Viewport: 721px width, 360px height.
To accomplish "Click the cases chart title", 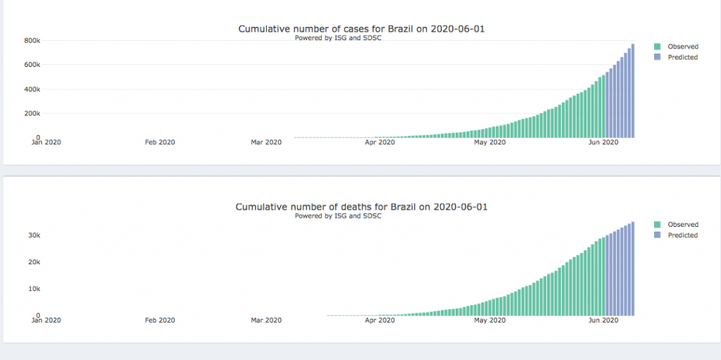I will coord(361,29).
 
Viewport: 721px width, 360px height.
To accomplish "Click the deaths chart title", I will coord(361,207).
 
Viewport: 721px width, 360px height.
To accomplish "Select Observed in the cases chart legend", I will coord(682,46).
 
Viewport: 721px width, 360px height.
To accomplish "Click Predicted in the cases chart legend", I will coord(682,57).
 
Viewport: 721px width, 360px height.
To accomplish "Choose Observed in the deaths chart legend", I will coord(682,225).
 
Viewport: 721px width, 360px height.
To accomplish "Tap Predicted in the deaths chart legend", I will coord(682,235).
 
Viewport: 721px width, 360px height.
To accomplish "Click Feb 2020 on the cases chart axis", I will coord(160,142).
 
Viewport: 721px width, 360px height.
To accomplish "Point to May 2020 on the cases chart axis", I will coord(490,142).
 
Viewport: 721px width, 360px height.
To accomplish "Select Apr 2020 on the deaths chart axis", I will coord(380,321).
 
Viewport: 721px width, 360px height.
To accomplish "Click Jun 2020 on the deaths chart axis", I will coord(603,321).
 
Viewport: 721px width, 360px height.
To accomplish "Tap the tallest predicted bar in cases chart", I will coord(633,91).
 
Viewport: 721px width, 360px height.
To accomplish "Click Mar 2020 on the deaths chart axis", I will coord(266,321).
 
